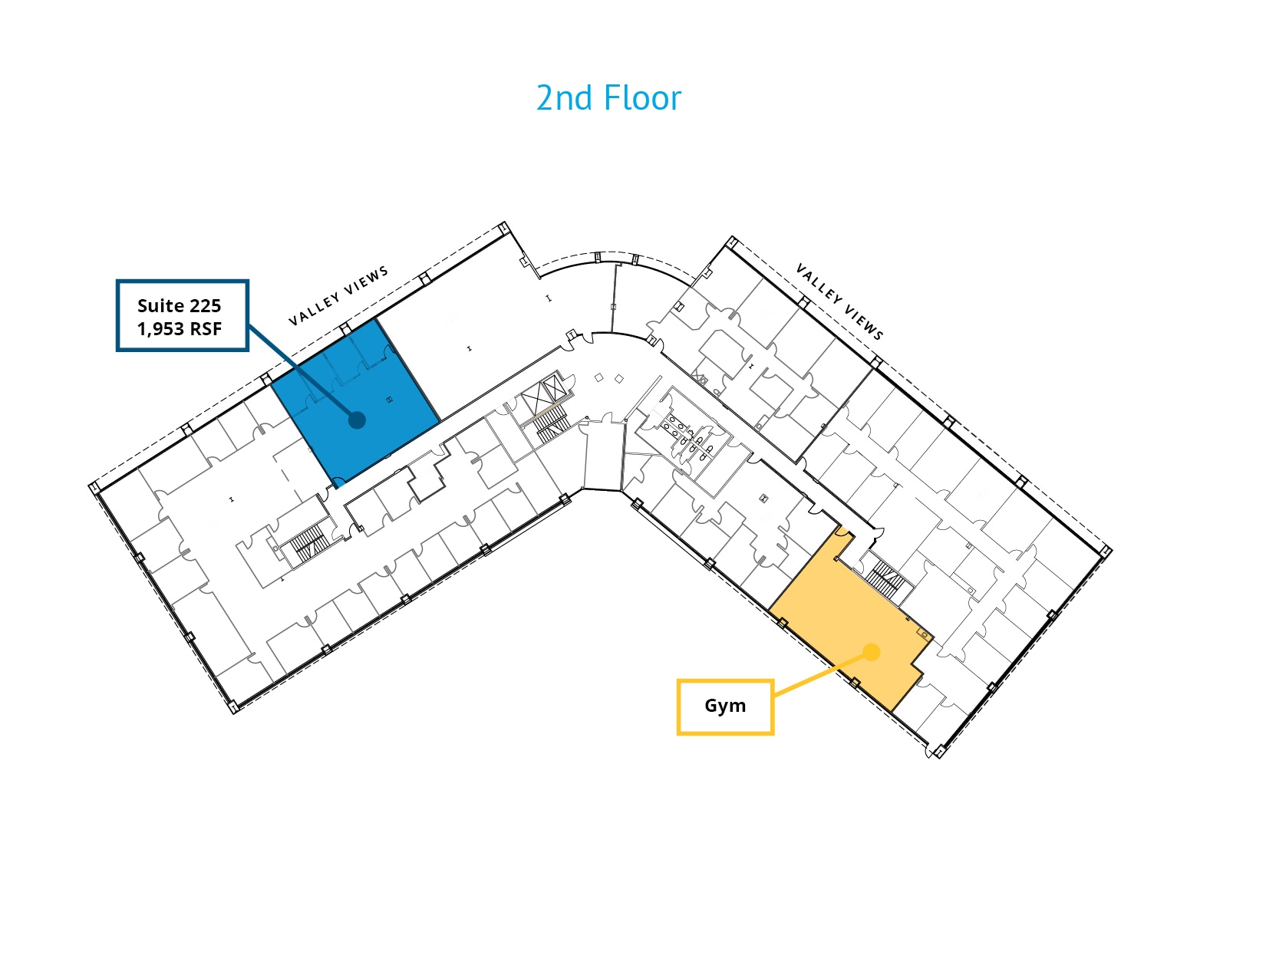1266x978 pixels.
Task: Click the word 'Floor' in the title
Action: (642, 98)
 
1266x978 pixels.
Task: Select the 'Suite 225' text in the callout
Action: (179, 306)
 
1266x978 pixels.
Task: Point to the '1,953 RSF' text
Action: (179, 329)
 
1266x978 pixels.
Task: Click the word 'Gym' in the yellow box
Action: (725, 706)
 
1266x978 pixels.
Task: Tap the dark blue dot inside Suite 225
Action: (357, 420)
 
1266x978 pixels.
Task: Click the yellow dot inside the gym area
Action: (871, 652)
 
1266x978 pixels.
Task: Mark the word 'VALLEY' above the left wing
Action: (315, 309)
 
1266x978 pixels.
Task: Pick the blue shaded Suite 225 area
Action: (355, 402)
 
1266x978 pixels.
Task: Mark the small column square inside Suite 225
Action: (389, 399)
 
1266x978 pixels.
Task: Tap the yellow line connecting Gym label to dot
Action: (822, 673)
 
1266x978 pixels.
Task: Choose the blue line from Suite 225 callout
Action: (302, 373)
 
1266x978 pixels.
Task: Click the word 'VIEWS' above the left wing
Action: (366, 281)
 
